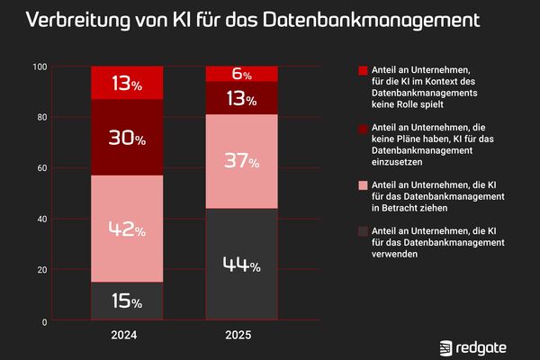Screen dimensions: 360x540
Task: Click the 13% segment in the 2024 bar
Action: coord(127,83)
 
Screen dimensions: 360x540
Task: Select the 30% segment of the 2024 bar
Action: coord(127,137)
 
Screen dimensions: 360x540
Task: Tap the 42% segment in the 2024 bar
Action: coord(127,229)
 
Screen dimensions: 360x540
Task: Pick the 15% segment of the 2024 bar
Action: coord(127,301)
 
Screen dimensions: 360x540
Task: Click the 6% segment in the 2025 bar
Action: coord(241,74)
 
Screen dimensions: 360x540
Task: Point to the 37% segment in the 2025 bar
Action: coord(241,162)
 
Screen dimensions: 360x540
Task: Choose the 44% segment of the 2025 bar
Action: coord(241,265)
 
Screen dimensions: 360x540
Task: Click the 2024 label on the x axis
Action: coord(127,336)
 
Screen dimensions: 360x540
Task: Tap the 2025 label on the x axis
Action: coord(241,336)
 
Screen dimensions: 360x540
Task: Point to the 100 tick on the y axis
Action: coord(39,67)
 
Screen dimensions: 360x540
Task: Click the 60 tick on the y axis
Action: coord(41,168)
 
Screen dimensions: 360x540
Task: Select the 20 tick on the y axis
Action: coord(41,270)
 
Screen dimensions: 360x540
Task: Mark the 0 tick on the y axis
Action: coord(44,321)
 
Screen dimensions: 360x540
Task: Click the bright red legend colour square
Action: coord(363,70)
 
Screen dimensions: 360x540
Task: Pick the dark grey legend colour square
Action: coord(363,230)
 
